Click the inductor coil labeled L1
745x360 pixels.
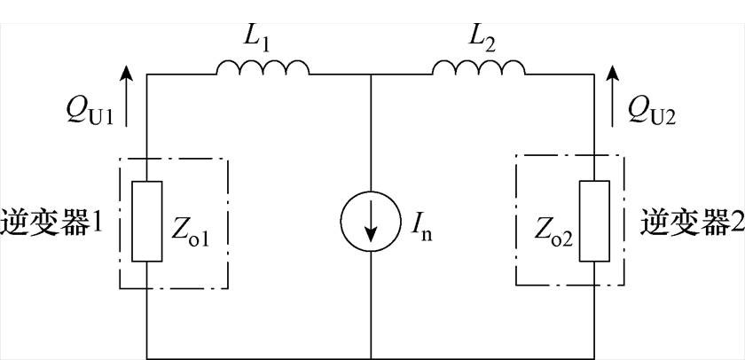pos(263,67)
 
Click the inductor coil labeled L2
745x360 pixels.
pos(479,67)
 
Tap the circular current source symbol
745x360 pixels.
pos(370,222)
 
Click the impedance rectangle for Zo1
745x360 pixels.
pos(147,222)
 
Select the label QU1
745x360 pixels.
pos(88,113)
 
